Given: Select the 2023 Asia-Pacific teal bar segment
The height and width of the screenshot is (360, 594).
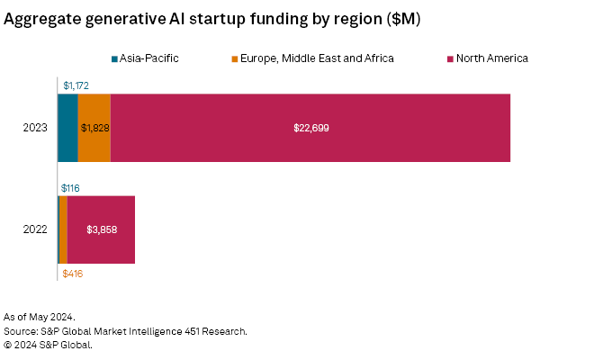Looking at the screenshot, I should pyautogui.click(x=67, y=128).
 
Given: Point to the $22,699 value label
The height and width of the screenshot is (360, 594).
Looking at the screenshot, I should pyautogui.click(x=311, y=128).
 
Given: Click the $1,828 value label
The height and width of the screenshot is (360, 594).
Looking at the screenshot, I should pyautogui.click(x=94, y=128).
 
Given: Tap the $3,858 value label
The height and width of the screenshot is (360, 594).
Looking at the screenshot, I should pyautogui.click(x=102, y=229).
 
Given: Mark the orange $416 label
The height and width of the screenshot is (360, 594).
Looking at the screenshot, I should pyautogui.click(x=72, y=273).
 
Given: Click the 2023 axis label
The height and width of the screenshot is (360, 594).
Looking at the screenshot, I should pyautogui.click(x=36, y=128).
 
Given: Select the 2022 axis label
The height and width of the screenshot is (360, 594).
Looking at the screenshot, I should pyautogui.click(x=36, y=229).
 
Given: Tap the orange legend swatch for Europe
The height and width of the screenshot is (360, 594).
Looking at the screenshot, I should pyautogui.click(x=236, y=58).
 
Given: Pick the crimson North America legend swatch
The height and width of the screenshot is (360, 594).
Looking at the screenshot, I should pyautogui.click(x=448, y=58).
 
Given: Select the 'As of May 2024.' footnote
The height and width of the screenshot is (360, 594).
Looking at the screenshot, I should pyautogui.click(x=39, y=317).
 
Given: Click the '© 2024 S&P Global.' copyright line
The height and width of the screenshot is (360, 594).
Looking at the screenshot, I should pyautogui.click(x=48, y=344).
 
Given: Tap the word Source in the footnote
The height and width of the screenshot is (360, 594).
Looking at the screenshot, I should pyautogui.click(x=21, y=330).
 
